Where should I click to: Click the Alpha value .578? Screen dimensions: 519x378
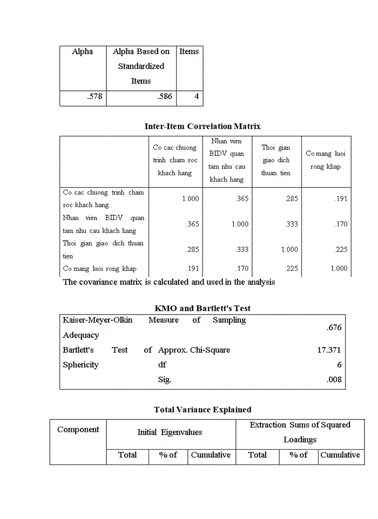[x=94, y=97]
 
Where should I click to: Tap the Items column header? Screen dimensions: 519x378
[x=189, y=52]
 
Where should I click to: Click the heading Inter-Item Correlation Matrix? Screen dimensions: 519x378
[x=202, y=126]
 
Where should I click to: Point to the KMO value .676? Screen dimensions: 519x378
[x=334, y=328]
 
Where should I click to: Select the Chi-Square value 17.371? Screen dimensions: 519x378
[x=329, y=350]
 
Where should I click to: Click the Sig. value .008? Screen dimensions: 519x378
[x=334, y=380]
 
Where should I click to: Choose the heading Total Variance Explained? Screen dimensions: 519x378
[x=202, y=410]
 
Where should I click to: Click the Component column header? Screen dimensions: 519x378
[x=78, y=430]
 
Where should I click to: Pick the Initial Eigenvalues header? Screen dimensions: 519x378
[x=170, y=432]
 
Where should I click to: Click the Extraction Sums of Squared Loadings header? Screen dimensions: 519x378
[x=300, y=432]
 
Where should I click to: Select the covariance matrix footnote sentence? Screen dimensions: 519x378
[x=169, y=282]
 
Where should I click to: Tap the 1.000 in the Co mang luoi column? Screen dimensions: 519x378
[x=339, y=269]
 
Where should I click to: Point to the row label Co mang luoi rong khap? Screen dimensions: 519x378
[x=99, y=269]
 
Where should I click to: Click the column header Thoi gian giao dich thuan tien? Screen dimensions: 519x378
[x=275, y=160]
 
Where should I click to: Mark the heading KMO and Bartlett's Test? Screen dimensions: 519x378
[x=202, y=308]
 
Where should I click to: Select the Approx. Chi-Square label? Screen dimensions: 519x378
[x=194, y=350]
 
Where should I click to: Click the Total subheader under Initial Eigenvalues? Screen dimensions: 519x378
[x=127, y=455]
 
